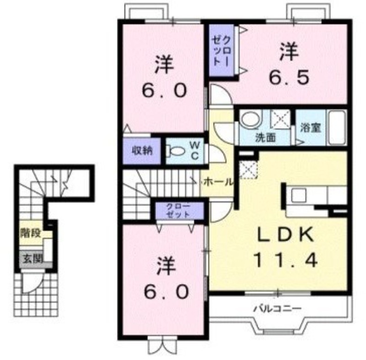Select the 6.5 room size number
point(289,76)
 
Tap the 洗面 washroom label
point(265,137)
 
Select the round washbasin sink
point(251,120)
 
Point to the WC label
point(194,150)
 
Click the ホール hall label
point(217,181)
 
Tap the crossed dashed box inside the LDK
point(248,169)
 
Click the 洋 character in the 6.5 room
point(289,49)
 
